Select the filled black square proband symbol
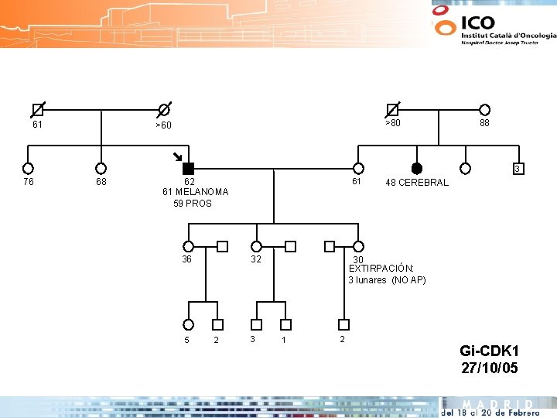pyautogui.click(x=187, y=168)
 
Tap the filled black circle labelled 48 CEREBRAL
pyautogui.click(x=417, y=168)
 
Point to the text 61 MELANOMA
pyautogui.click(x=196, y=192)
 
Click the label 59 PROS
pyautogui.click(x=193, y=204)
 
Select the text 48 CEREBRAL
pyautogui.click(x=417, y=183)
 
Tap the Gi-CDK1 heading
pyautogui.click(x=489, y=351)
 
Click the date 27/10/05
pyautogui.click(x=489, y=368)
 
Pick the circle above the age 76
pyautogui.click(x=28, y=168)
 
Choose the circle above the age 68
pyautogui.click(x=101, y=168)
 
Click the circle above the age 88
pyautogui.click(x=484, y=110)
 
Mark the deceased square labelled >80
pyautogui.click(x=393, y=110)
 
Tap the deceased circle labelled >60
pyautogui.click(x=164, y=110)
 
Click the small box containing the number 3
pyautogui.click(x=518, y=169)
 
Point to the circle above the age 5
pyautogui.click(x=188, y=324)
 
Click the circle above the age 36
pyautogui.click(x=188, y=247)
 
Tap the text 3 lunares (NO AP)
pyautogui.click(x=387, y=280)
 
